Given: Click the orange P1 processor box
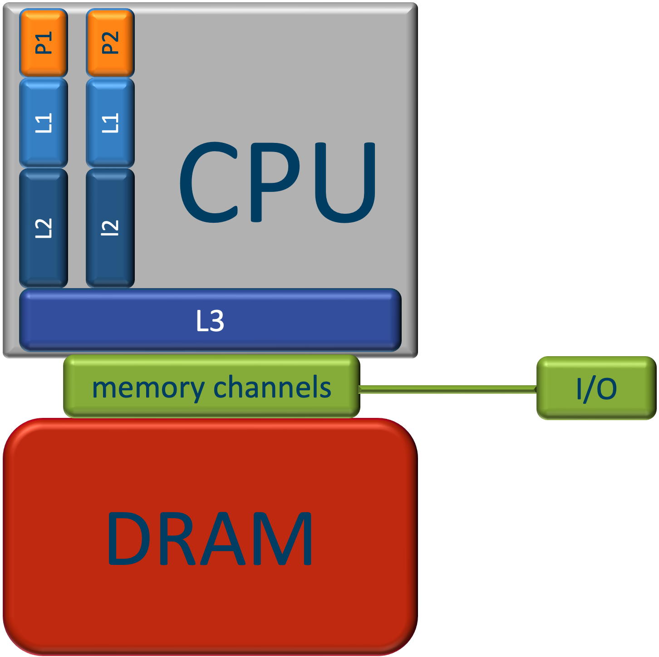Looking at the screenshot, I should coord(44,43).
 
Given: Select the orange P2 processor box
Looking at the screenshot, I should coord(110,43).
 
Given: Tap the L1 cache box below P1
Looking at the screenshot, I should coord(44,123).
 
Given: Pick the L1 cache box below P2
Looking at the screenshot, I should coord(110,123).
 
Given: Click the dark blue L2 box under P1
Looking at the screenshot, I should coord(44,228).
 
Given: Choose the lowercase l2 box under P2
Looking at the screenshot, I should coord(110,228).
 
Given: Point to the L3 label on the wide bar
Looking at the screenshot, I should coord(210,321).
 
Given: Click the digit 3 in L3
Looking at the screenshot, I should coord(217,321).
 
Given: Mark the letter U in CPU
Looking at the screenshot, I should coord(345,183).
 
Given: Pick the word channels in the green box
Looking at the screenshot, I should coord(272,387).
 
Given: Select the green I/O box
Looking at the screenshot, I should coord(596,388).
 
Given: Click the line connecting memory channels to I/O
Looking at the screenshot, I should coord(448,389).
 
